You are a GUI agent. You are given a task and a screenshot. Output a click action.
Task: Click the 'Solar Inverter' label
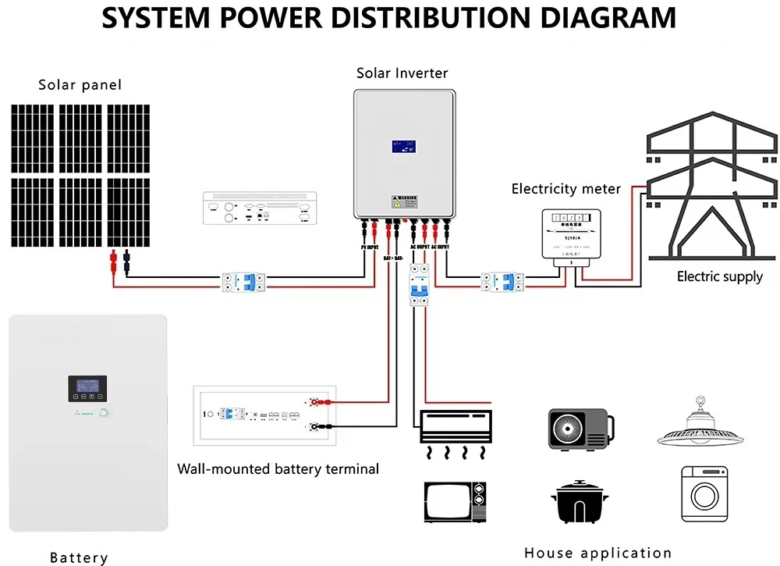(x=402, y=73)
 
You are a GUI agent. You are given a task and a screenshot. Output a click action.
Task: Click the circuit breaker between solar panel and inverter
(x=244, y=282)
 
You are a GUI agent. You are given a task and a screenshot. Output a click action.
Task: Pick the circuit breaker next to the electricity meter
(x=502, y=282)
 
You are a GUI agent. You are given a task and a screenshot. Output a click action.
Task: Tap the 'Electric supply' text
(x=719, y=276)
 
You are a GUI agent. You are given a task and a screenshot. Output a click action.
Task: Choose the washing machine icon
(x=704, y=494)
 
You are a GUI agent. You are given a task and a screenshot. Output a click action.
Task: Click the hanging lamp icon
(x=698, y=425)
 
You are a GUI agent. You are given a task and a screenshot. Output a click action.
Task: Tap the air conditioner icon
(x=456, y=425)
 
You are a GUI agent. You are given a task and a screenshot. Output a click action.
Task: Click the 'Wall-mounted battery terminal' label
(x=278, y=469)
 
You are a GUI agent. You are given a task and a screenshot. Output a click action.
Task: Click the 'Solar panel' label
(x=80, y=84)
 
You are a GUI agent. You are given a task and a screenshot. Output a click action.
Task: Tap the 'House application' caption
(x=597, y=553)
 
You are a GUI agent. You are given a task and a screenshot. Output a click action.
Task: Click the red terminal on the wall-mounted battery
(x=317, y=403)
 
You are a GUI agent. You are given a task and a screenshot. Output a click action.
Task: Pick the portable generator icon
(x=580, y=428)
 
